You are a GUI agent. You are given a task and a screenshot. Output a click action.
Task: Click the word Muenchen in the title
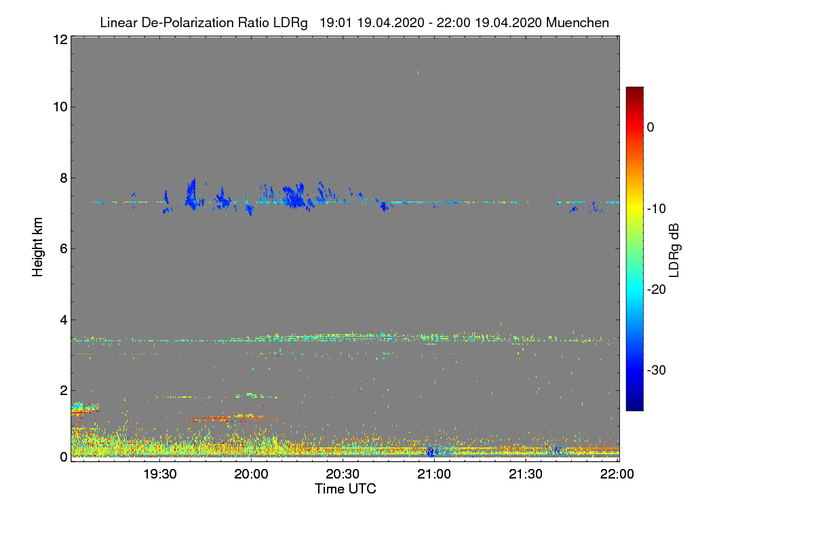click(x=577, y=22)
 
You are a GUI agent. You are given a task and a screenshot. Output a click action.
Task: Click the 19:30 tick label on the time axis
click(x=159, y=474)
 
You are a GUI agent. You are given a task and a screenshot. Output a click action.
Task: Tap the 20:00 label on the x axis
click(x=251, y=474)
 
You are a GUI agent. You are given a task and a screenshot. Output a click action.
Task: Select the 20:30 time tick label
click(x=343, y=474)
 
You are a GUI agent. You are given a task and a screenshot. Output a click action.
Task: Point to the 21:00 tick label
click(x=434, y=474)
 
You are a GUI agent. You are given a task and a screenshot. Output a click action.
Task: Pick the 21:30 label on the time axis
click(x=526, y=474)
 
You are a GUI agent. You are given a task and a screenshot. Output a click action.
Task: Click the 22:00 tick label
click(x=617, y=474)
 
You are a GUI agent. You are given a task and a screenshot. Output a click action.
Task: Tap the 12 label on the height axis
click(x=59, y=39)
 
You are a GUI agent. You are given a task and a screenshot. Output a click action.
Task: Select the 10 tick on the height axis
click(x=59, y=107)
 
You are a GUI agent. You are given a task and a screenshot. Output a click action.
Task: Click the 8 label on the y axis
click(x=62, y=178)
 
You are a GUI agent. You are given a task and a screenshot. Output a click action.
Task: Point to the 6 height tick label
click(x=62, y=248)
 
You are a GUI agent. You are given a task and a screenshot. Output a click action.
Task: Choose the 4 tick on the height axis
click(x=62, y=320)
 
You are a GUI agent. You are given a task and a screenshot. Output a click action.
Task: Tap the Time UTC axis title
click(x=345, y=489)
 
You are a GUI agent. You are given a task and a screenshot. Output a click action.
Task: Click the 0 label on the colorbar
click(x=651, y=127)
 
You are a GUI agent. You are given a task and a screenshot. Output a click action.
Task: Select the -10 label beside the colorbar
click(x=656, y=208)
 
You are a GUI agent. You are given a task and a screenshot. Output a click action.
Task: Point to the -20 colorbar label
click(x=656, y=289)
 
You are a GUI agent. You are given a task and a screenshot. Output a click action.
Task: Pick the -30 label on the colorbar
click(x=656, y=371)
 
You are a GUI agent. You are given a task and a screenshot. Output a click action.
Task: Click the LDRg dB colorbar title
click(x=674, y=249)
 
